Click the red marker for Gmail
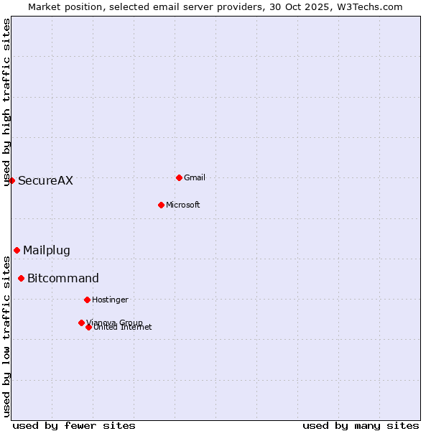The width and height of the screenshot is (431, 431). (179, 177)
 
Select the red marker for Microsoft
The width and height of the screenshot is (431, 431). (161, 205)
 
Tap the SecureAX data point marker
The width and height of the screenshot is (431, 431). (11, 180)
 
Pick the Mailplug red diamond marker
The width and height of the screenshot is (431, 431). (17, 250)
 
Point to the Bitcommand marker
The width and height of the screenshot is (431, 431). (21, 278)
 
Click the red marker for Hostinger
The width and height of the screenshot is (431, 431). (87, 300)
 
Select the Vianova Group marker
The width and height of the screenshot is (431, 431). (81, 323)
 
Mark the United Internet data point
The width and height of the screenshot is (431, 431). (88, 327)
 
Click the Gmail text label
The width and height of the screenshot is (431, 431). (195, 177)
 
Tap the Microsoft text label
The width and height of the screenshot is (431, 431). (183, 205)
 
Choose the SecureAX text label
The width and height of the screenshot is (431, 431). (45, 180)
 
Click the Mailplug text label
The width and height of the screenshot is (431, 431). (47, 250)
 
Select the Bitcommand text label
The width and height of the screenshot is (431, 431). (63, 278)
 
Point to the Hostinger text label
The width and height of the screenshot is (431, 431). (110, 300)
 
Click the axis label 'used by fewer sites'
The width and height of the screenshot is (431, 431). (74, 425)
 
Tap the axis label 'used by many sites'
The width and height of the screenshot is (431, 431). (361, 425)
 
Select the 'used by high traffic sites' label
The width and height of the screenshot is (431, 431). (7, 102)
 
